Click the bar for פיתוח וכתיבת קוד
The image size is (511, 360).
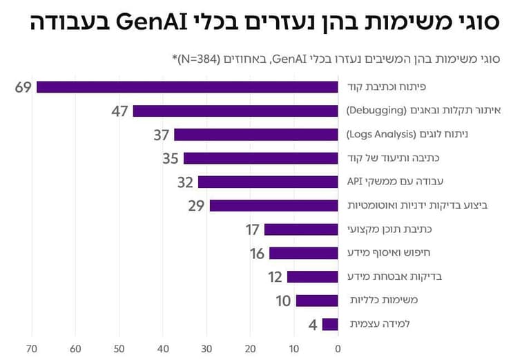click(x=187, y=87)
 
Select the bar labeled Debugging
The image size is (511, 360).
click(x=235, y=111)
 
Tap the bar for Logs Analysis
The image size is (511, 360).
click(x=256, y=135)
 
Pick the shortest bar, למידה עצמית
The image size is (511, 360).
click(x=330, y=324)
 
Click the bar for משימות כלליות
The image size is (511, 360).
click(x=317, y=301)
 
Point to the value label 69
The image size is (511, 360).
click(x=23, y=87)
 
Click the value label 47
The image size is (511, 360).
click(x=120, y=111)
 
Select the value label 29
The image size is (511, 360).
click(x=197, y=206)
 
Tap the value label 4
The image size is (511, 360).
click(x=312, y=324)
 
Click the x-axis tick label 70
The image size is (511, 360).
click(x=31, y=348)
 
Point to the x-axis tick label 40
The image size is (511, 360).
click(x=163, y=348)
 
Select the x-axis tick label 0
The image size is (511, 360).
click(x=338, y=348)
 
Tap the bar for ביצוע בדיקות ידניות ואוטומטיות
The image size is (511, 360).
click(x=273, y=206)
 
